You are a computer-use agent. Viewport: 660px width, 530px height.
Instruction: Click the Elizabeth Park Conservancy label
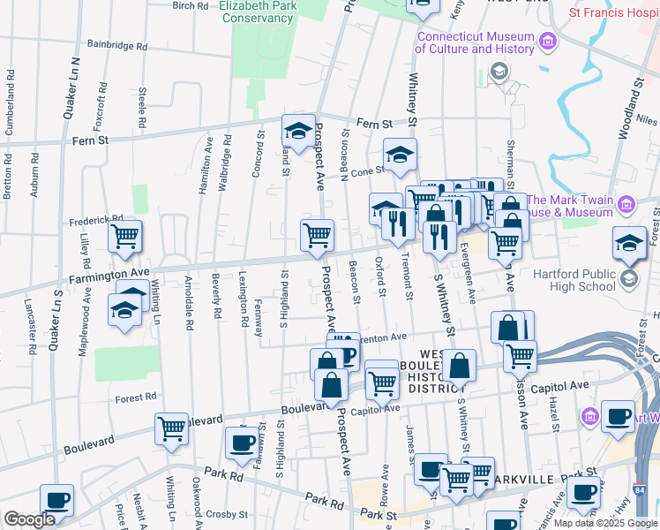(x=259, y=12)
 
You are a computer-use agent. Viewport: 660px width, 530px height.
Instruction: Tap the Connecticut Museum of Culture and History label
(x=476, y=42)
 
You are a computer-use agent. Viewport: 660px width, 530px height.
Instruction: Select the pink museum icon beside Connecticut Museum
(x=547, y=41)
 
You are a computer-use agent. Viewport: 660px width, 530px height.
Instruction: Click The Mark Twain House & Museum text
(x=569, y=207)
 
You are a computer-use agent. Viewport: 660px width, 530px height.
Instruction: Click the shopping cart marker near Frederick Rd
(x=125, y=236)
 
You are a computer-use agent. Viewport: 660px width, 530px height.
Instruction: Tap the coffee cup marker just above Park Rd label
(x=241, y=444)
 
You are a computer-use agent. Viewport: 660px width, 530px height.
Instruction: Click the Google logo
(x=29, y=519)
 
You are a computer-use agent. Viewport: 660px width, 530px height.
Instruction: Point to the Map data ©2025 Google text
(x=604, y=523)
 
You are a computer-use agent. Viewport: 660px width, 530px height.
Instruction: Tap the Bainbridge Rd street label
(x=116, y=44)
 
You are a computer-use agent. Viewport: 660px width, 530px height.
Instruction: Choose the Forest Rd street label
(x=136, y=397)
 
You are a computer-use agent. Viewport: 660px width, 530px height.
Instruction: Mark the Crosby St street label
(x=226, y=514)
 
